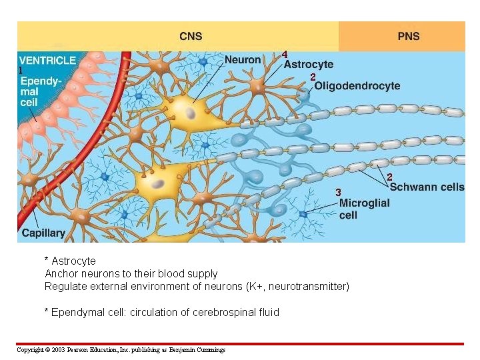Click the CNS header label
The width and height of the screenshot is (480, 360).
pos(191,36)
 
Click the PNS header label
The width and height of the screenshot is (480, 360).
pos(409,36)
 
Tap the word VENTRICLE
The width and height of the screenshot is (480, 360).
pos(47,60)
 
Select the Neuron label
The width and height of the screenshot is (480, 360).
pos(243,59)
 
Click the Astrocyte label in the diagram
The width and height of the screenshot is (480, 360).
pos(309,65)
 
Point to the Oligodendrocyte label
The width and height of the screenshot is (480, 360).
pos(357,85)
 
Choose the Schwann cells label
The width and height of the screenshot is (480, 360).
pos(427,187)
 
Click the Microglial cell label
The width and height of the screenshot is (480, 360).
pos(364,209)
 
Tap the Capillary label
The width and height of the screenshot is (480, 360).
pos(43,233)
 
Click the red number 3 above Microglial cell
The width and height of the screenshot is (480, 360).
pos(338,193)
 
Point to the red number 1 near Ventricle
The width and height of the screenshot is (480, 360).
pos(21,70)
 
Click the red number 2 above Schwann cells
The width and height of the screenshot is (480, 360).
pos(390,177)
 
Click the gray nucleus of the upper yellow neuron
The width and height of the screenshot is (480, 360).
pos(191,113)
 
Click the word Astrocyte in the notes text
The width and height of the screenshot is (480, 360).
pos(73,261)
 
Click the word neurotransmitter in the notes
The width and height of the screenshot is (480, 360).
pos(306,286)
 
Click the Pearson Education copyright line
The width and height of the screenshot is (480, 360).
pos(121,349)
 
